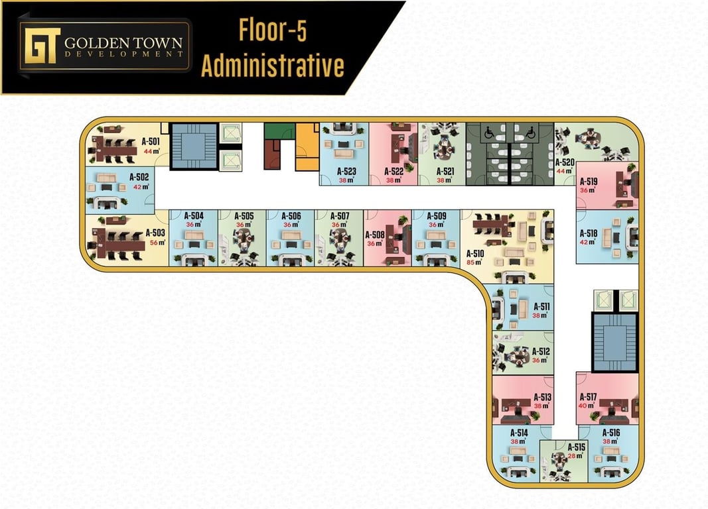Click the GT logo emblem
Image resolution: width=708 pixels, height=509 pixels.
[40, 45]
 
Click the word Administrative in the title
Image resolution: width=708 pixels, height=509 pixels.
[272, 66]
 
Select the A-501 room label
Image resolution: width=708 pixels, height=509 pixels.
[151, 141]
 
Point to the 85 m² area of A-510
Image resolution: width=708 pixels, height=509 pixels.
[474, 263]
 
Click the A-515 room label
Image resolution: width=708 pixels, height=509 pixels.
[576, 447]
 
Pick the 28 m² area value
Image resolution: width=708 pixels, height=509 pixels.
[575, 456]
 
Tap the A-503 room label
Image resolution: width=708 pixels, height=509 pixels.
[155, 233]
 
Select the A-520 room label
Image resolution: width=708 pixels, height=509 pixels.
[564, 162]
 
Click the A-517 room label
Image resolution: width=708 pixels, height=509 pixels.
[587, 397]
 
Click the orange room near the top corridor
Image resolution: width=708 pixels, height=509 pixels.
[307, 142]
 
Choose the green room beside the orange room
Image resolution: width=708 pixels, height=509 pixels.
[279, 131]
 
